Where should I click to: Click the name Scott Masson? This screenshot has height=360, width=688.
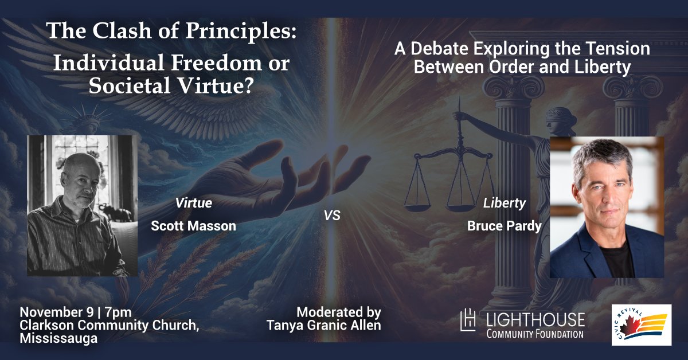tap(193, 226)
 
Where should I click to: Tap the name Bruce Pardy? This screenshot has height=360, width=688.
tap(504, 226)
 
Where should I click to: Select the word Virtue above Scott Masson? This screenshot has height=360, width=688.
tap(193, 203)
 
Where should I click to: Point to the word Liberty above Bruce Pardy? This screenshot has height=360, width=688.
tap(504, 203)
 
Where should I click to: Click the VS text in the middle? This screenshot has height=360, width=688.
tap(332, 217)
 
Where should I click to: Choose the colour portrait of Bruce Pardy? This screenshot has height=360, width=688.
tap(607, 207)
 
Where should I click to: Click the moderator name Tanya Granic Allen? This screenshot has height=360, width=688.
tap(323, 326)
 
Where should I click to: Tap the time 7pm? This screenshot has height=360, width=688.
tap(119, 312)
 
